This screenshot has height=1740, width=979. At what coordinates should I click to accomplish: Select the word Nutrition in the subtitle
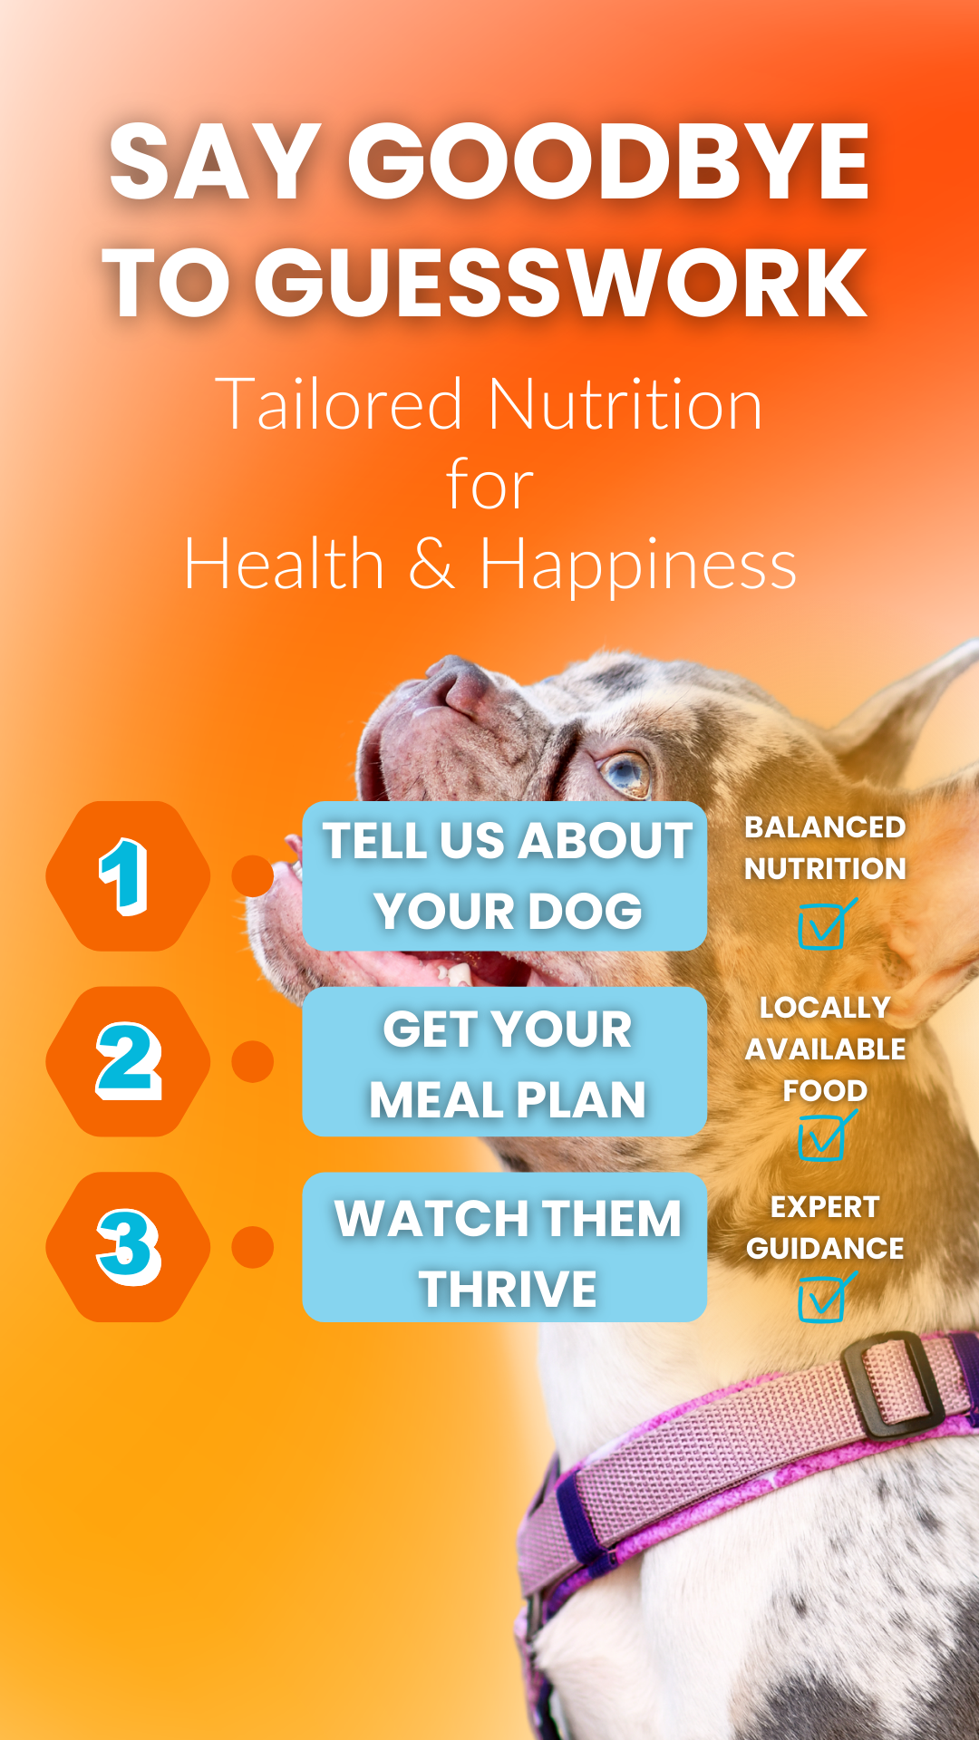coord(625,404)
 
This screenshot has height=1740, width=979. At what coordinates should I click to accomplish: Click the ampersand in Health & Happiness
coord(431,564)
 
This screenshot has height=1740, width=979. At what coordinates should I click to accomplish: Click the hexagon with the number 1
coord(128,875)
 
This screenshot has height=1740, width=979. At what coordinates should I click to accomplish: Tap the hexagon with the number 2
coord(128,1061)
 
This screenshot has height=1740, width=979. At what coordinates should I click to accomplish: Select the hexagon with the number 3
coord(128,1247)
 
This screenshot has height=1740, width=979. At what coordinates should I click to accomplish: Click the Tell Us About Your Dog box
coord(505,875)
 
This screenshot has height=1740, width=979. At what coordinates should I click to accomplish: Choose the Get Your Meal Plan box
coord(505,1061)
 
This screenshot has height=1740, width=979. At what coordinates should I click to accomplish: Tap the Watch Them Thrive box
coord(505,1247)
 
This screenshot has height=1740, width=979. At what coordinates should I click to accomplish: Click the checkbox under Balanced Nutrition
coord(823,926)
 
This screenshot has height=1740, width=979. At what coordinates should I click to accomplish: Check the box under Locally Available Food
coord(822,1138)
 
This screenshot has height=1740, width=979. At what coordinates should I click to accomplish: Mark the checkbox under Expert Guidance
coord(822,1300)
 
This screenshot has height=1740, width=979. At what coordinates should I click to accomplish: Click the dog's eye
coord(625,771)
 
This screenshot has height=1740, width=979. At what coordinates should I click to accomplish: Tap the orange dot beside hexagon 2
coord(253,1061)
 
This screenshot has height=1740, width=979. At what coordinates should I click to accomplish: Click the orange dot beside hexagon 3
coord(253,1247)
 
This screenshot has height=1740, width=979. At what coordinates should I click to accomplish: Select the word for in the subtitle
coord(489,486)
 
